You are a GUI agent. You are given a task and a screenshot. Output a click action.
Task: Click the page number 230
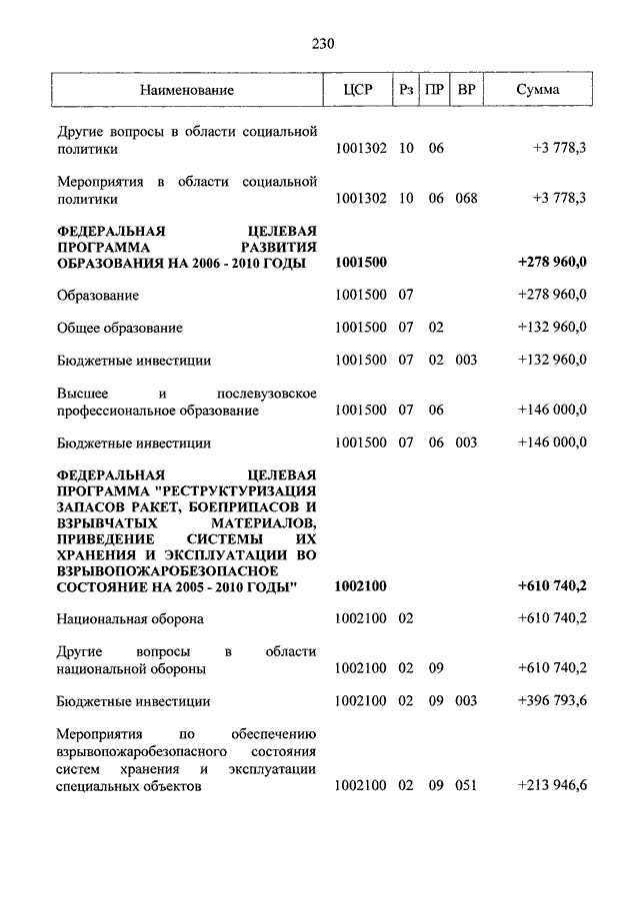320,44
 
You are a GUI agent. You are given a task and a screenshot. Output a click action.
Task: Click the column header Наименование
187,90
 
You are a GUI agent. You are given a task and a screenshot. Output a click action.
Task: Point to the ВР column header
466,90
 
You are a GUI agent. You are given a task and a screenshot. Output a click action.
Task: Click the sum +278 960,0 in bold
553,262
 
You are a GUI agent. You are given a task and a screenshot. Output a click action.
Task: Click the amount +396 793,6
553,701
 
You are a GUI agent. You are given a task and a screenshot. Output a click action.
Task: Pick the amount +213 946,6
553,786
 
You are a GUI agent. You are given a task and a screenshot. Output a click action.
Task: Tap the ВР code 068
466,198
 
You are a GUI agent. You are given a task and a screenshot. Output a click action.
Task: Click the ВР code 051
466,786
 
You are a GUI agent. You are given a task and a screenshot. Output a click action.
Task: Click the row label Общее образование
119,328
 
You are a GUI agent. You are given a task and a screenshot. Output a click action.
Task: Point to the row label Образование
97,295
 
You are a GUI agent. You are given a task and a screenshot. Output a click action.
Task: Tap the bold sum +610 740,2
553,585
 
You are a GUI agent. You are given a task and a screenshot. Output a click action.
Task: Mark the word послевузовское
267,393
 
